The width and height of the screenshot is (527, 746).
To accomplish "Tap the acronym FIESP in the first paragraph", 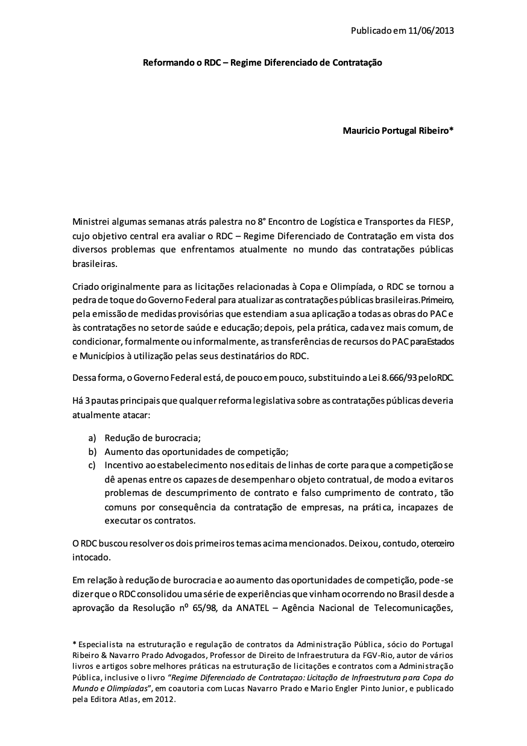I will (441, 223).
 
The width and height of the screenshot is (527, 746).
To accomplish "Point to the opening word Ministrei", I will (92, 223).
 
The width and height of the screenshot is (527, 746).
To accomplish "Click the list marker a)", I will (92, 438).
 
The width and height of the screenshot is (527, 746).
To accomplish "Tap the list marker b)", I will (92, 452).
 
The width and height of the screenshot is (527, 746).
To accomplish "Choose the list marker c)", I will (92, 466).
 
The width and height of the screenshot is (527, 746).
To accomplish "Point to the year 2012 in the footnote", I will (163, 700).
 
